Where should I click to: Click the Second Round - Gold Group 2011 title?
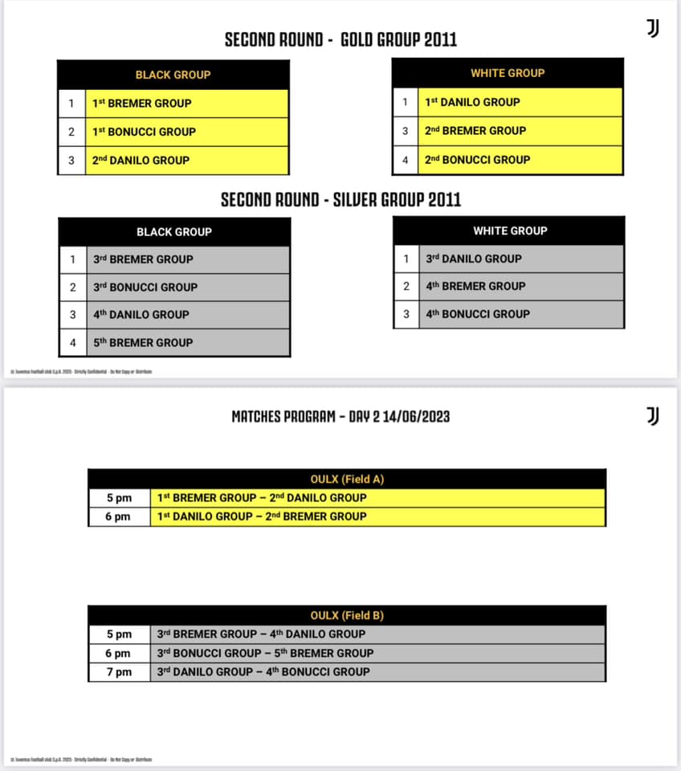click(340, 39)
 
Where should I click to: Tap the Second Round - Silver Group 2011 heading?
click(340, 200)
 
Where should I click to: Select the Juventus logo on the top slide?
click(653, 29)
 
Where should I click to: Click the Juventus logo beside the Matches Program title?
click(653, 415)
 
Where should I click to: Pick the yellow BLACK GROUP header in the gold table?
click(173, 75)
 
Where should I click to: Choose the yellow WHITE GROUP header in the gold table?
click(508, 73)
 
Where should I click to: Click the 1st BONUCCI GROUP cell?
click(186, 132)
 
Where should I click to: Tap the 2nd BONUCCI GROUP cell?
click(520, 160)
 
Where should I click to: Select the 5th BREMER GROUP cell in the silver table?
click(186, 342)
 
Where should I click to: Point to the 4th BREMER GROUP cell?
click(520, 286)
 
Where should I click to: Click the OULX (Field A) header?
click(347, 479)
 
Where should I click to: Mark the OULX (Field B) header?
click(347, 616)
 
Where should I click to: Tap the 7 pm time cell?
click(119, 672)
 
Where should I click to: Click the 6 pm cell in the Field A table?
click(119, 517)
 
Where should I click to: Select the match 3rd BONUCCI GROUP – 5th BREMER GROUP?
click(377, 653)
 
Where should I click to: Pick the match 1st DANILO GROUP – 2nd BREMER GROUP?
click(377, 516)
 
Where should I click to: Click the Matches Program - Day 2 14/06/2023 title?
click(340, 416)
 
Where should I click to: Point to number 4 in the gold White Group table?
click(406, 160)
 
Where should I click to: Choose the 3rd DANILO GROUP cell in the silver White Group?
click(520, 259)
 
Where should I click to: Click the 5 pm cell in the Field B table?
click(119, 634)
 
